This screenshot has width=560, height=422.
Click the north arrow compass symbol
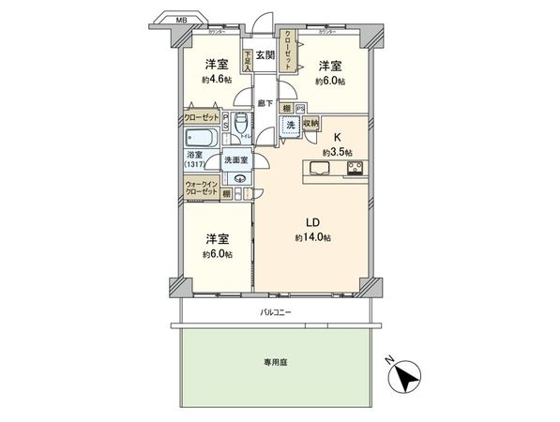click(x=405, y=376)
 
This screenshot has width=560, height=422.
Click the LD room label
click(x=314, y=222)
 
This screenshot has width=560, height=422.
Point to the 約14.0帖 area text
click(x=314, y=237)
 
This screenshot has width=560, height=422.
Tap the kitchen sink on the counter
click(x=316, y=169)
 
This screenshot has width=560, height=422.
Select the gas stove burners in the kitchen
click(x=355, y=169)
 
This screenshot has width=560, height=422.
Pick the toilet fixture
click(x=241, y=124)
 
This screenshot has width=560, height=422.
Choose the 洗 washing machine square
click(x=292, y=127)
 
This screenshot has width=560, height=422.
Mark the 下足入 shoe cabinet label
click(x=247, y=61)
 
